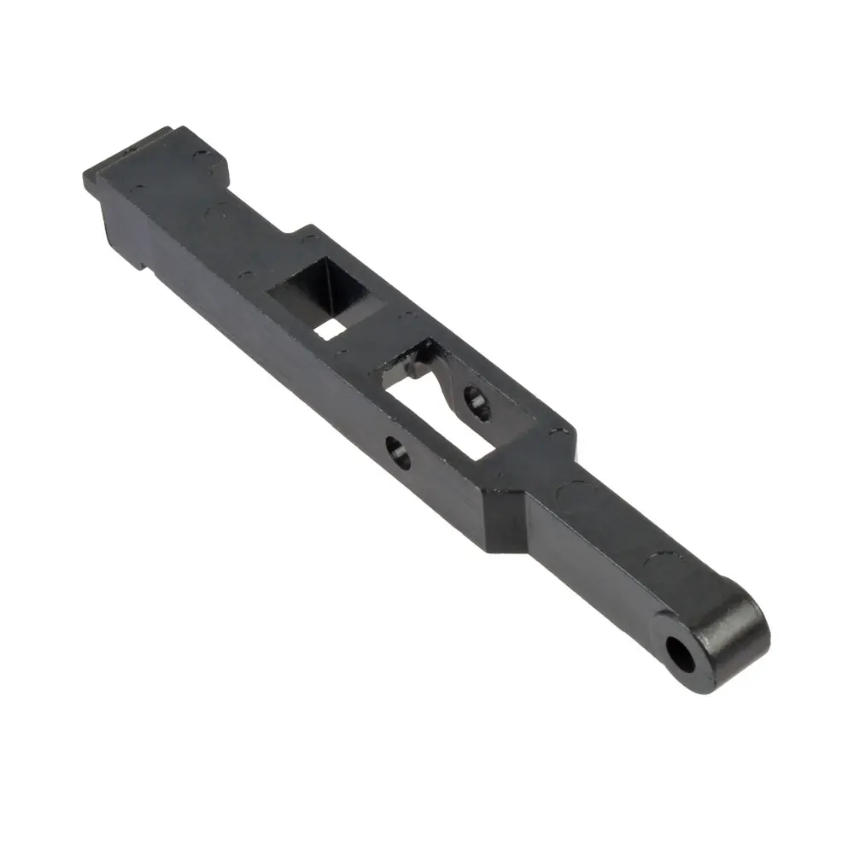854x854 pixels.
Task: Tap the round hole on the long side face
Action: [x=398, y=451]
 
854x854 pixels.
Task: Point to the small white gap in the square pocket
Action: [x=330, y=328]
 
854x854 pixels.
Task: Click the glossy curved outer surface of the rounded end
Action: [x=743, y=632]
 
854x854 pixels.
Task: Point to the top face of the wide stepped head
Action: [x=171, y=171]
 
